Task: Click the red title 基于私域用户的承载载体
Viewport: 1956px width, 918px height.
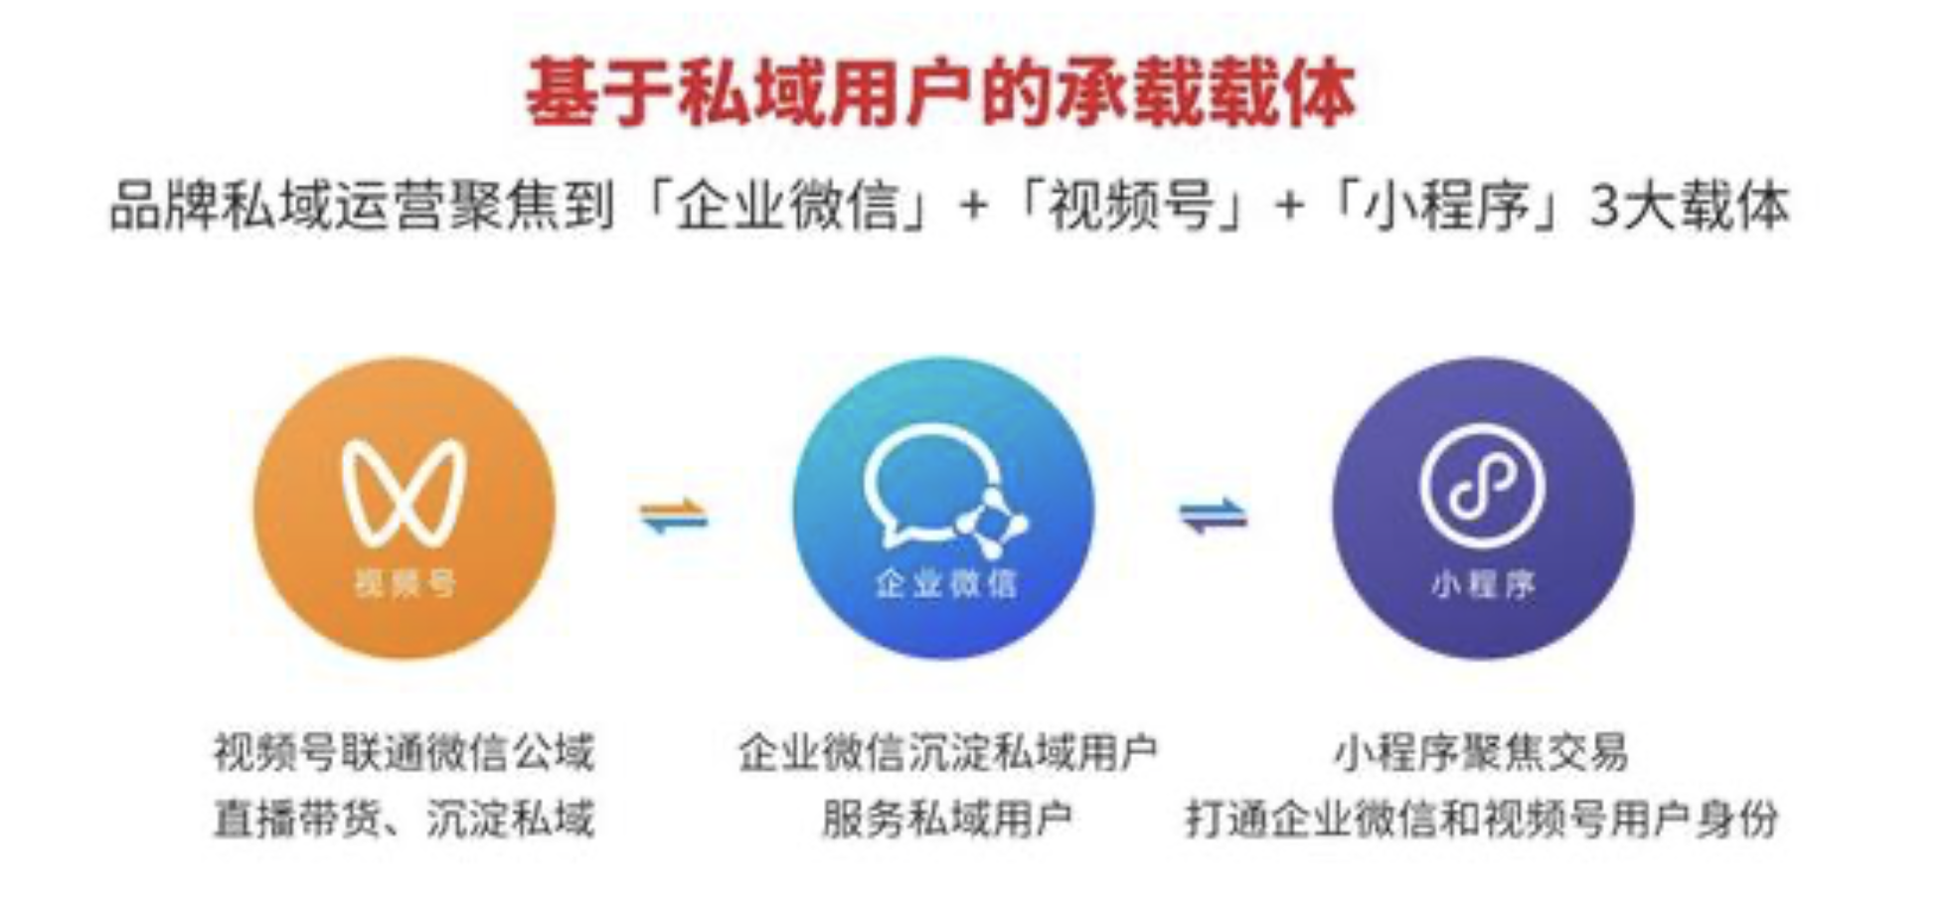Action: pyautogui.click(x=940, y=91)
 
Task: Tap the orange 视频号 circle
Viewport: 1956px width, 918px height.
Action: pyautogui.click(x=404, y=508)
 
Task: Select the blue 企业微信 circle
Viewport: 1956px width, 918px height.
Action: pyautogui.click(x=943, y=508)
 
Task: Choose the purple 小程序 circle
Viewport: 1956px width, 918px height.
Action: pyautogui.click(x=1482, y=508)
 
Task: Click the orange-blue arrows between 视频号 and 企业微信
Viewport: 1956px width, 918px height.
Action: pyautogui.click(x=674, y=516)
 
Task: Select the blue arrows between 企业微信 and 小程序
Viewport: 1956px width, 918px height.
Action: pyautogui.click(x=1213, y=516)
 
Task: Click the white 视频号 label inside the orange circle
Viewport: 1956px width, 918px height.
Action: pyautogui.click(x=405, y=583)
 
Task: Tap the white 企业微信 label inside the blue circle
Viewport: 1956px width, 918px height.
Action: pyautogui.click(x=945, y=583)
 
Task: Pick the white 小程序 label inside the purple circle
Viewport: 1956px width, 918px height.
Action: pyautogui.click(x=1483, y=584)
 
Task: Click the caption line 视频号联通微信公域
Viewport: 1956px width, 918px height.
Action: pyautogui.click(x=404, y=752)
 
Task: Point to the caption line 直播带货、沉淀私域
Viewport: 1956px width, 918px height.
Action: pyautogui.click(x=404, y=819)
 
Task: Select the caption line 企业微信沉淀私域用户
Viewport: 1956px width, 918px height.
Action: pyautogui.click(x=947, y=752)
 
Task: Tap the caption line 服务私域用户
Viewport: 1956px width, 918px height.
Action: pyautogui.click(x=946, y=819)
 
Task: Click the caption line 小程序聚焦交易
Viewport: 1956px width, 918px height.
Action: pyautogui.click(x=1481, y=752)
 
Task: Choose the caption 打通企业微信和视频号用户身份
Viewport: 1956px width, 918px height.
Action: pyautogui.click(x=1481, y=819)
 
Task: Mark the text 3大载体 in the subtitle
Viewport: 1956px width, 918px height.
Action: pyautogui.click(x=1688, y=206)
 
